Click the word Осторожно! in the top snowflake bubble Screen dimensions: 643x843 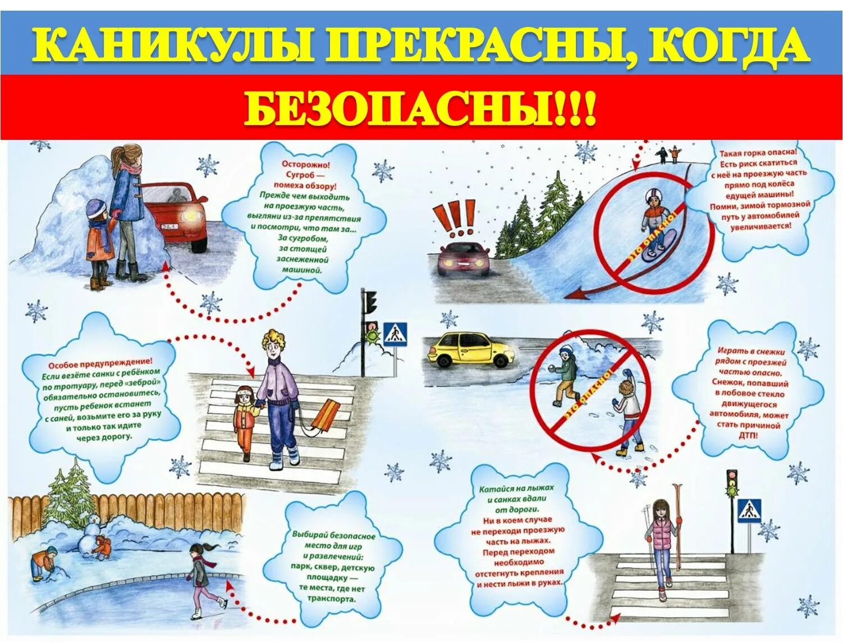306,165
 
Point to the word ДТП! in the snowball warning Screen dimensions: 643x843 748,435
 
